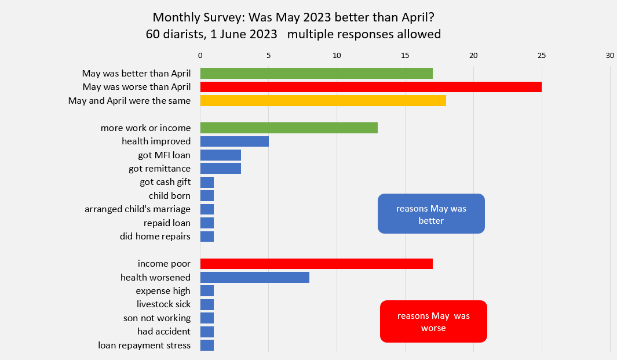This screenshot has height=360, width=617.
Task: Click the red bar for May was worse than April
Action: pos(371,87)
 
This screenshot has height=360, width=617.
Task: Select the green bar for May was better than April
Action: pos(316,73)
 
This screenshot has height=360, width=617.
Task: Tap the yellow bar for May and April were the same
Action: pos(323,100)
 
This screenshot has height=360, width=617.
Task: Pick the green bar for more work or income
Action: pos(289,128)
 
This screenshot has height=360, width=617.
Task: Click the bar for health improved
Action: pos(234,141)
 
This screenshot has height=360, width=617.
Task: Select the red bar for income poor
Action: pos(316,264)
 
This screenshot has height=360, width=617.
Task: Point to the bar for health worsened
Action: pos(254,277)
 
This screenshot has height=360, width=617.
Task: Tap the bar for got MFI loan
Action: pos(220,155)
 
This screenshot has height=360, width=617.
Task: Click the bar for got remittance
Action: pos(220,169)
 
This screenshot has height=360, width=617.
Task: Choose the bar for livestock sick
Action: pos(207,304)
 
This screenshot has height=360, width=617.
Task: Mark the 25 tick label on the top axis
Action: pos(542,56)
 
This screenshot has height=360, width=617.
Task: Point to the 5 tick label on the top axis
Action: pos(268,56)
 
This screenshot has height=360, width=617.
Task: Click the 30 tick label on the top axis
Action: pos(609,56)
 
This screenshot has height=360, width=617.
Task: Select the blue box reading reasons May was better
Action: pos(431,214)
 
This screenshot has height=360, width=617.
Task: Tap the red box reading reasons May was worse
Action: pos(433,321)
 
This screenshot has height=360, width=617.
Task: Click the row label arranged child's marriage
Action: pos(137,209)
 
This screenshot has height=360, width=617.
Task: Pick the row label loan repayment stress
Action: pos(144,346)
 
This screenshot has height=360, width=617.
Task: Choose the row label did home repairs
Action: pos(155,237)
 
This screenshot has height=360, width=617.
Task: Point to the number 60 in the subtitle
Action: pos(152,34)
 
